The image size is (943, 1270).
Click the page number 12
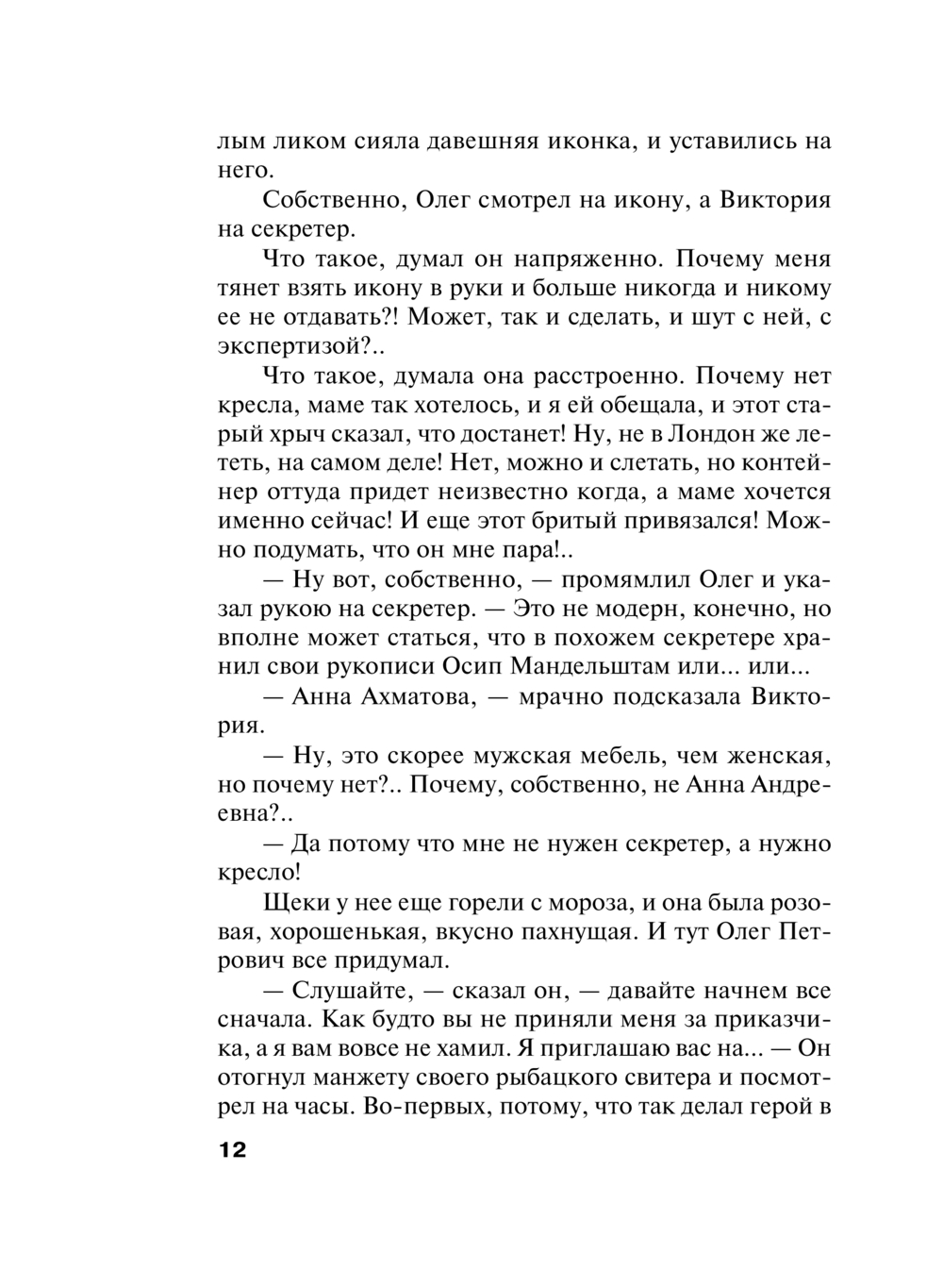point(232,1150)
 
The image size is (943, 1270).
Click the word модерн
point(651,609)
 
